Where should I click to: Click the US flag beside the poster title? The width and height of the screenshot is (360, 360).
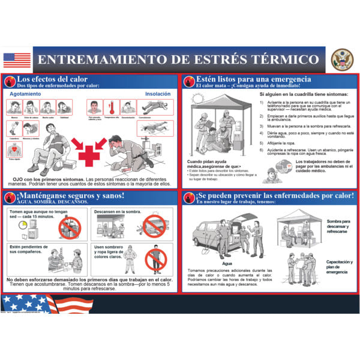[x=16, y=60]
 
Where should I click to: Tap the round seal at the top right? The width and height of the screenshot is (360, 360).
[x=341, y=59]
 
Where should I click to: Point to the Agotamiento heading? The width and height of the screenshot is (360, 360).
[x=25, y=94]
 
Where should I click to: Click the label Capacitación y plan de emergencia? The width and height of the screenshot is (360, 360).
[x=339, y=267]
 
